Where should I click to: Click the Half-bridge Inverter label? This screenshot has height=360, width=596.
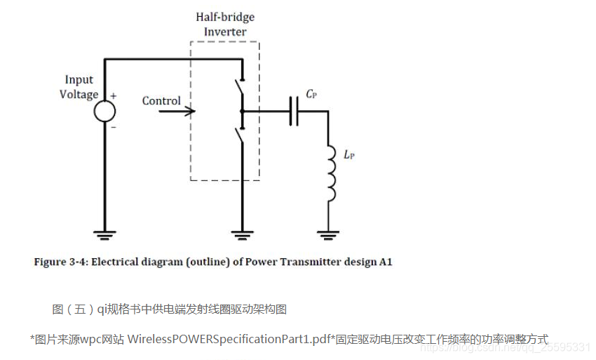(225, 25)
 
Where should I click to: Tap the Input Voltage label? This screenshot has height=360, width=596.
(79, 88)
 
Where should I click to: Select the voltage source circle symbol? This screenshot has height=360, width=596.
(104, 110)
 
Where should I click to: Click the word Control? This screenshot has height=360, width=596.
(161, 101)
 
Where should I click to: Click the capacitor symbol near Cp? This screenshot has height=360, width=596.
(294, 111)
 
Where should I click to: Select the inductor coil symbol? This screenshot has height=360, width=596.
(330, 173)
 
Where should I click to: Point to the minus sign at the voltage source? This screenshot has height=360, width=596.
(114, 128)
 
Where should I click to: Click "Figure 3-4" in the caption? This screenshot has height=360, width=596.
(59, 262)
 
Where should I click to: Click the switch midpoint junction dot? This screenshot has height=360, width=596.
(242, 111)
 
